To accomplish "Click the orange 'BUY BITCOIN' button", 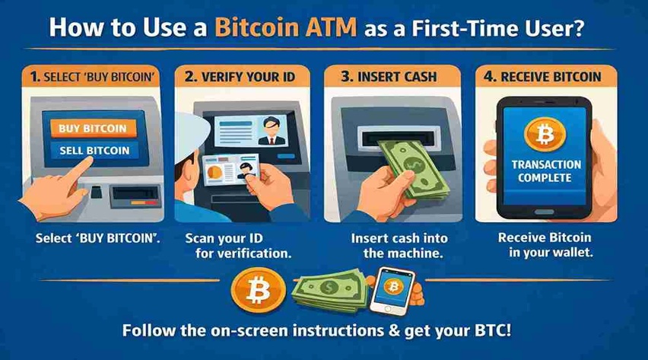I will (92, 128).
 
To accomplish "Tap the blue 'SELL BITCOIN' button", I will (94, 150).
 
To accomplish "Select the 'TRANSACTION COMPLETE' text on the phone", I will (546, 171).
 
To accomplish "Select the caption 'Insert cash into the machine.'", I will (394, 245).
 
